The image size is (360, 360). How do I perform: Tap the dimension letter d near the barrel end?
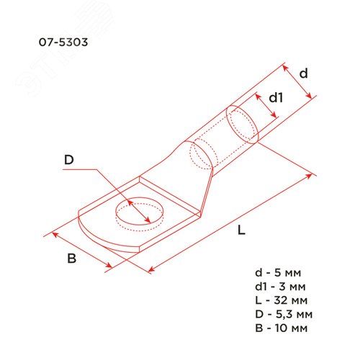coord(304,73)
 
